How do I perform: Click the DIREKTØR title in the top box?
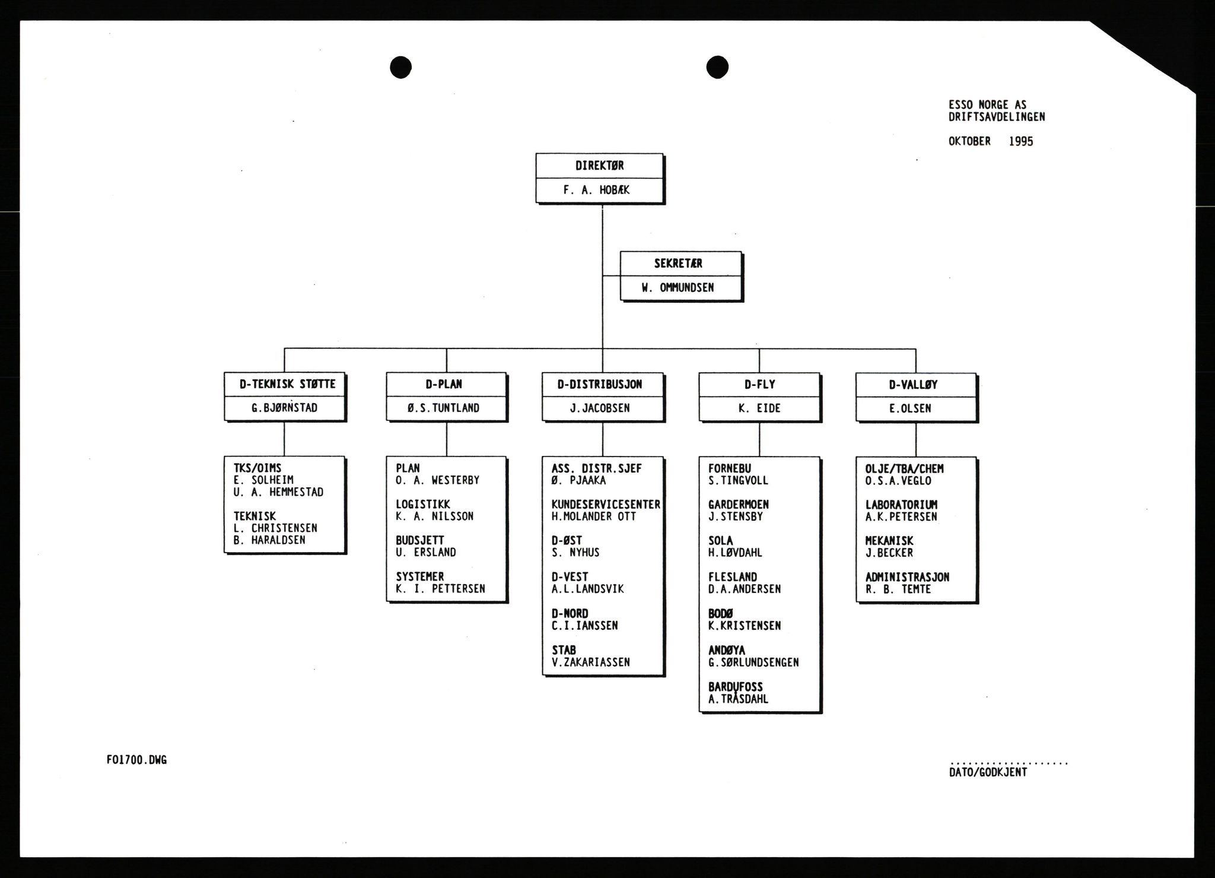[x=599, y=166]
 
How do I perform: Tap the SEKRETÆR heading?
[x=678, y=264]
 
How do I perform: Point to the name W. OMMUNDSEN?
[x=678, y=288]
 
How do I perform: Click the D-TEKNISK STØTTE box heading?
[x=287, y=384]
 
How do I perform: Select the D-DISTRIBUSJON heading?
[x=600, y=385]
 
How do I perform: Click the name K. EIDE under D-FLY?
[x=759, y=408]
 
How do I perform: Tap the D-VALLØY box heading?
[x=913, y=385]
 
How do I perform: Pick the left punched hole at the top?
[x=400, y=66]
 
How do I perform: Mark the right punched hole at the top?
[x=717, y=66]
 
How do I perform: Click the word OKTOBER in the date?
[x=969, y=141]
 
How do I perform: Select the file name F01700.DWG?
[x=136, y=760]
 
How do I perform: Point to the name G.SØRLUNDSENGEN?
[x=753, y=663]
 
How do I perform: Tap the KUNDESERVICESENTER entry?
[x=606, y=505]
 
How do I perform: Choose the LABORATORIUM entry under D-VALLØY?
[x=901, y=505]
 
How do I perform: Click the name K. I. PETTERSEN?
[x=440, y=589]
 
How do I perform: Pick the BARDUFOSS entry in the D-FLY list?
[x=735, y=687]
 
